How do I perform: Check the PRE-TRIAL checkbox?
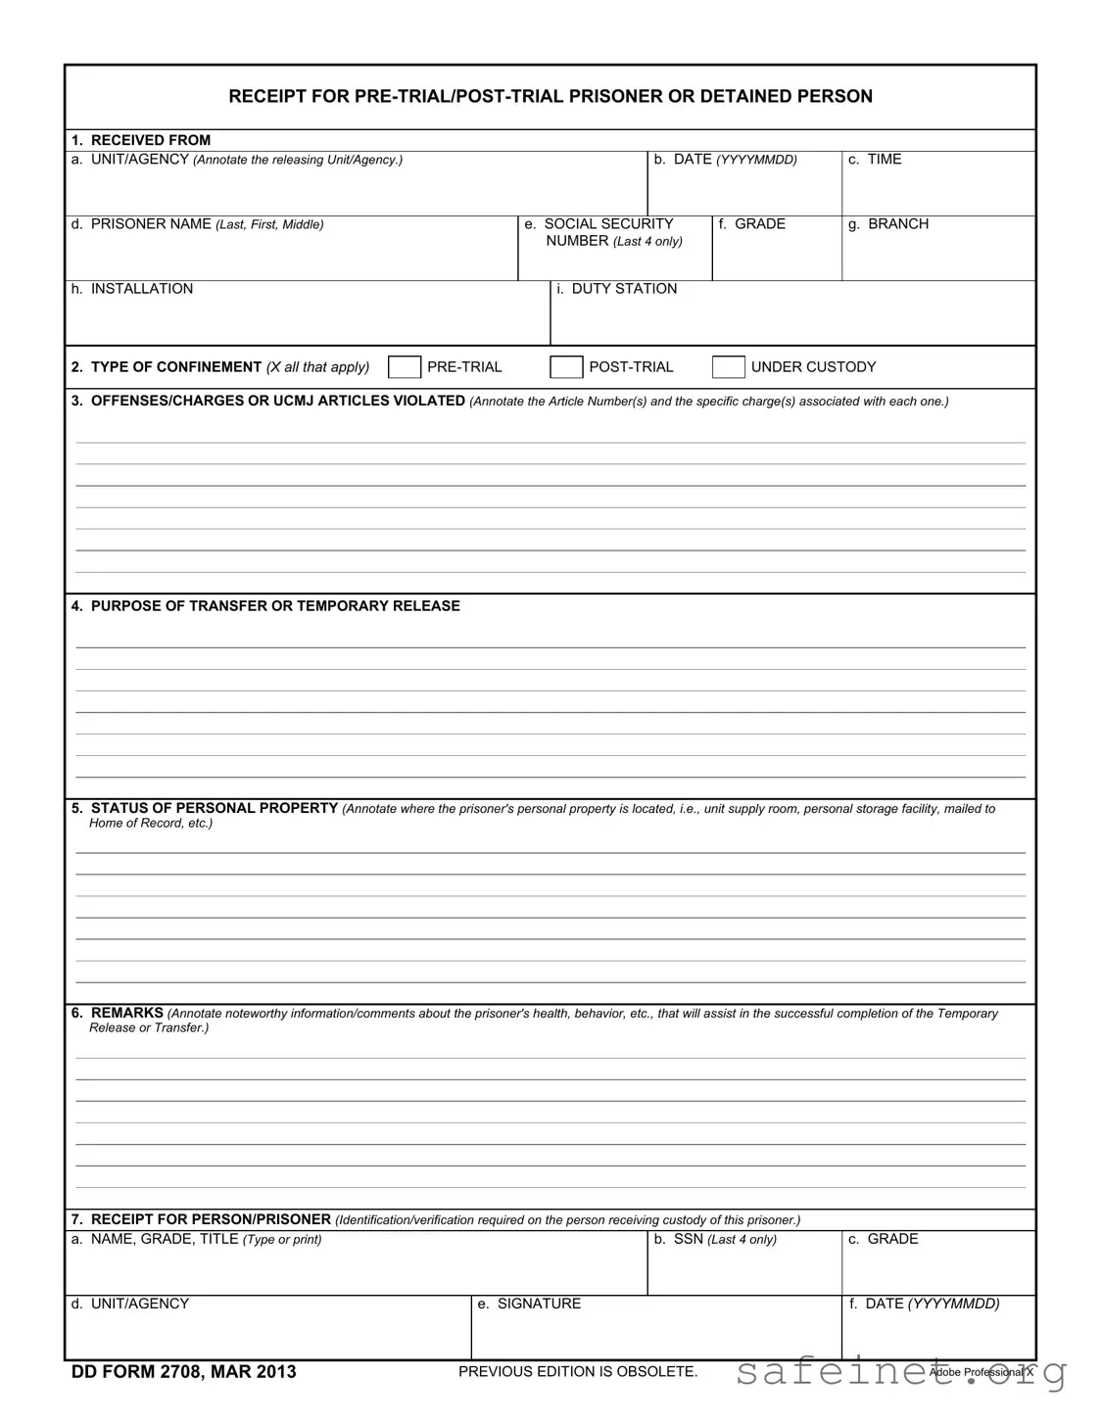point(405,367)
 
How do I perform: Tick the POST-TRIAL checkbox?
point(566,367)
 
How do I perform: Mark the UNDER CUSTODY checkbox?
point(728,367)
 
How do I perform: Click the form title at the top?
point(550,96)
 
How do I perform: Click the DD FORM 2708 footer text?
point(183,1371)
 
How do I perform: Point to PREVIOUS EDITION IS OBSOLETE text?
point(578,1371)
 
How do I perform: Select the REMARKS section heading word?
point(126,1013)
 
